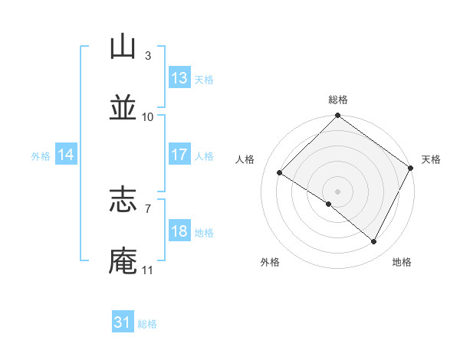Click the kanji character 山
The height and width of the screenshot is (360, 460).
click(123, 47)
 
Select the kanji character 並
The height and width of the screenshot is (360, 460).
click(123, 108)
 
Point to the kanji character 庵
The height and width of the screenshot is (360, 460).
click(123, 260)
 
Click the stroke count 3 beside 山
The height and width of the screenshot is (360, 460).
click(147, 56)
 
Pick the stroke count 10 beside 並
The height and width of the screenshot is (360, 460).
click(148, 116)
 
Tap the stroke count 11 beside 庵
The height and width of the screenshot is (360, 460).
click(148, 270)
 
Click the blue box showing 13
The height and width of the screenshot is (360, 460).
click(179, 78)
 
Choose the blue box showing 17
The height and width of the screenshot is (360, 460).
click(179, 155)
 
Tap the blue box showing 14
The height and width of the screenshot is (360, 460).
click(66, 155)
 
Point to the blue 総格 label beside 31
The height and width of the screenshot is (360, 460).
click(147, 324)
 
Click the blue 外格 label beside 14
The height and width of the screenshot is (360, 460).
click(41, 155)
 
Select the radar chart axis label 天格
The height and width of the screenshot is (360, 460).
click(431, 159)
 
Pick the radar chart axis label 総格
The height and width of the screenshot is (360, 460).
click(338, 100)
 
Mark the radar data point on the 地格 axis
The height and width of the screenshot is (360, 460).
click(374, 242)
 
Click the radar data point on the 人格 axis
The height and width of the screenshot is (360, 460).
click(279, 172)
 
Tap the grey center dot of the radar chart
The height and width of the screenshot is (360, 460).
click(337, 191)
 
